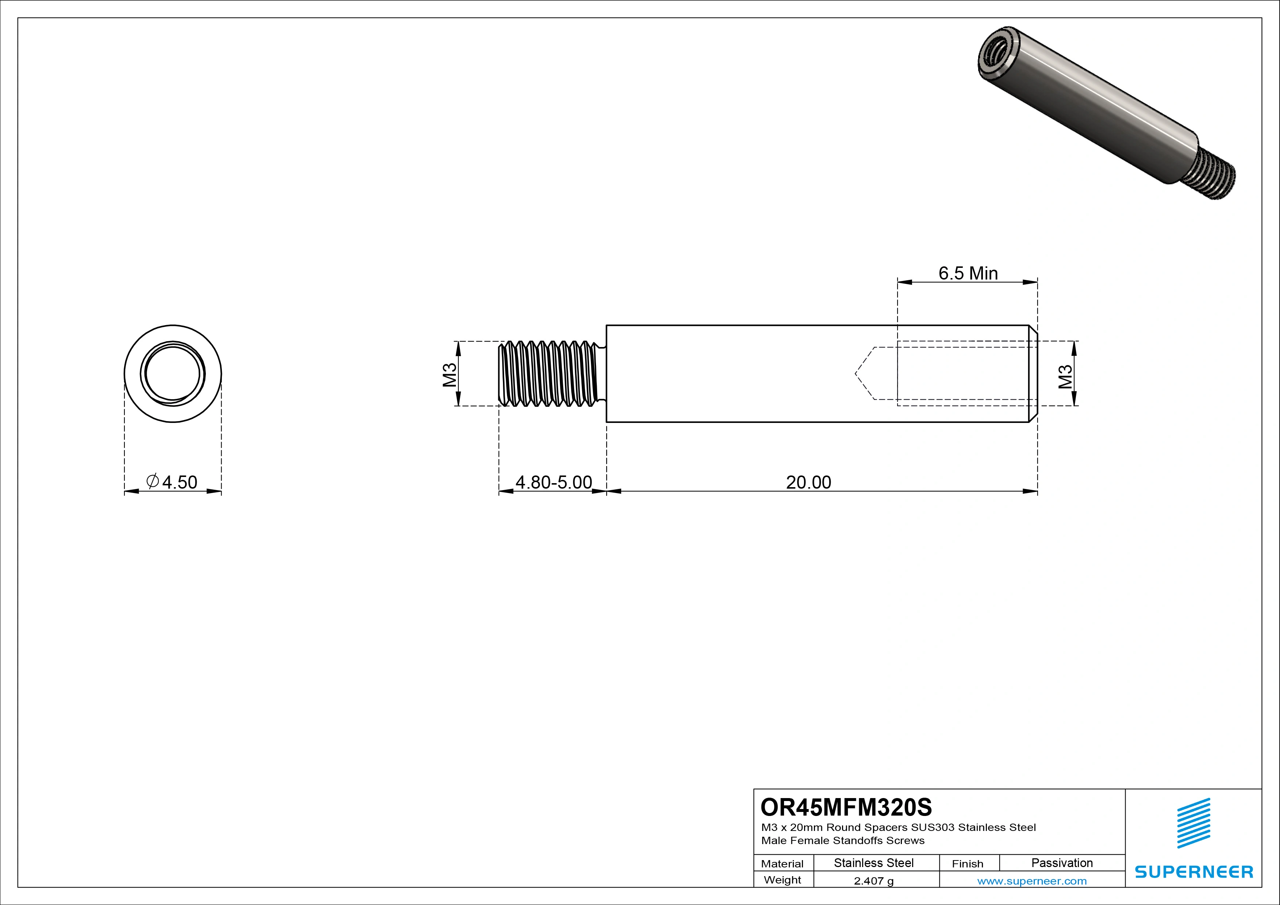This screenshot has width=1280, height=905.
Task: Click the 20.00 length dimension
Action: coord(808,482)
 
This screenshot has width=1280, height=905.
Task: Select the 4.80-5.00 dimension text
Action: coord(554,482)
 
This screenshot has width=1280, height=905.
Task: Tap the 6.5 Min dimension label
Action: coord(968,273)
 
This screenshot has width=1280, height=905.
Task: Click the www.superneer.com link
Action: coord(1032,881)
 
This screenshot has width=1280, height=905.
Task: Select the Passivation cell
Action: coord(1062,863)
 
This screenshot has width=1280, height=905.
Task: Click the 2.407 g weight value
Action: coord(873,881)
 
